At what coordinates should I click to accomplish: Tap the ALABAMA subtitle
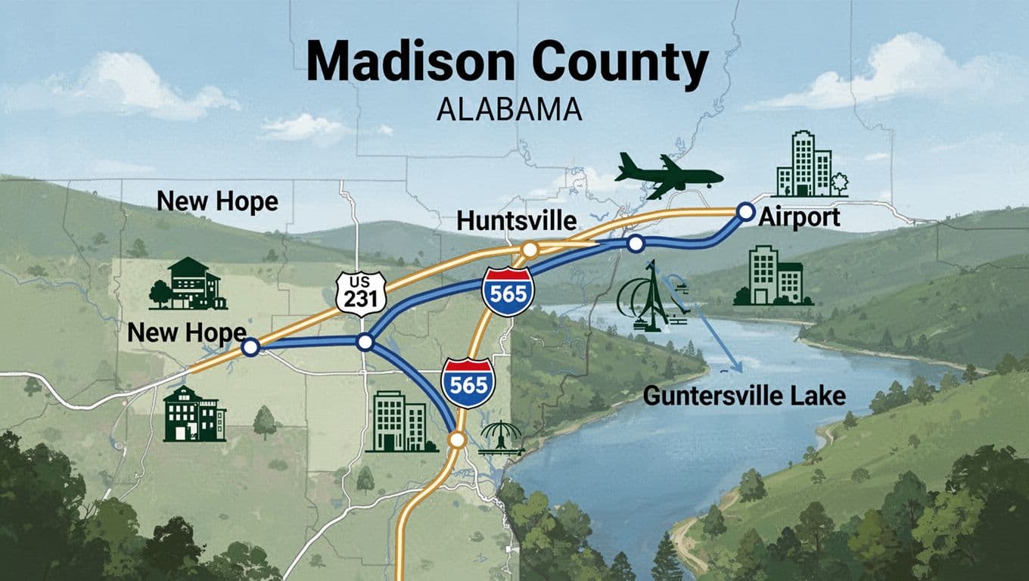509,109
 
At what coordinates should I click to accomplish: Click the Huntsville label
517,222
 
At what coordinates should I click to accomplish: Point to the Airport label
799,218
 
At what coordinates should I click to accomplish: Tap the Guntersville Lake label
744,396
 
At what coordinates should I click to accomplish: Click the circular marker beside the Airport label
745,211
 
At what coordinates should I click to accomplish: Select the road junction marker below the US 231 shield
365,343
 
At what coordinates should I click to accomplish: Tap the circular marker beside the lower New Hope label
250,347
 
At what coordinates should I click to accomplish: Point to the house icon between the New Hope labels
188,284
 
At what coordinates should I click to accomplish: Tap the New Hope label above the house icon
217,201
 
